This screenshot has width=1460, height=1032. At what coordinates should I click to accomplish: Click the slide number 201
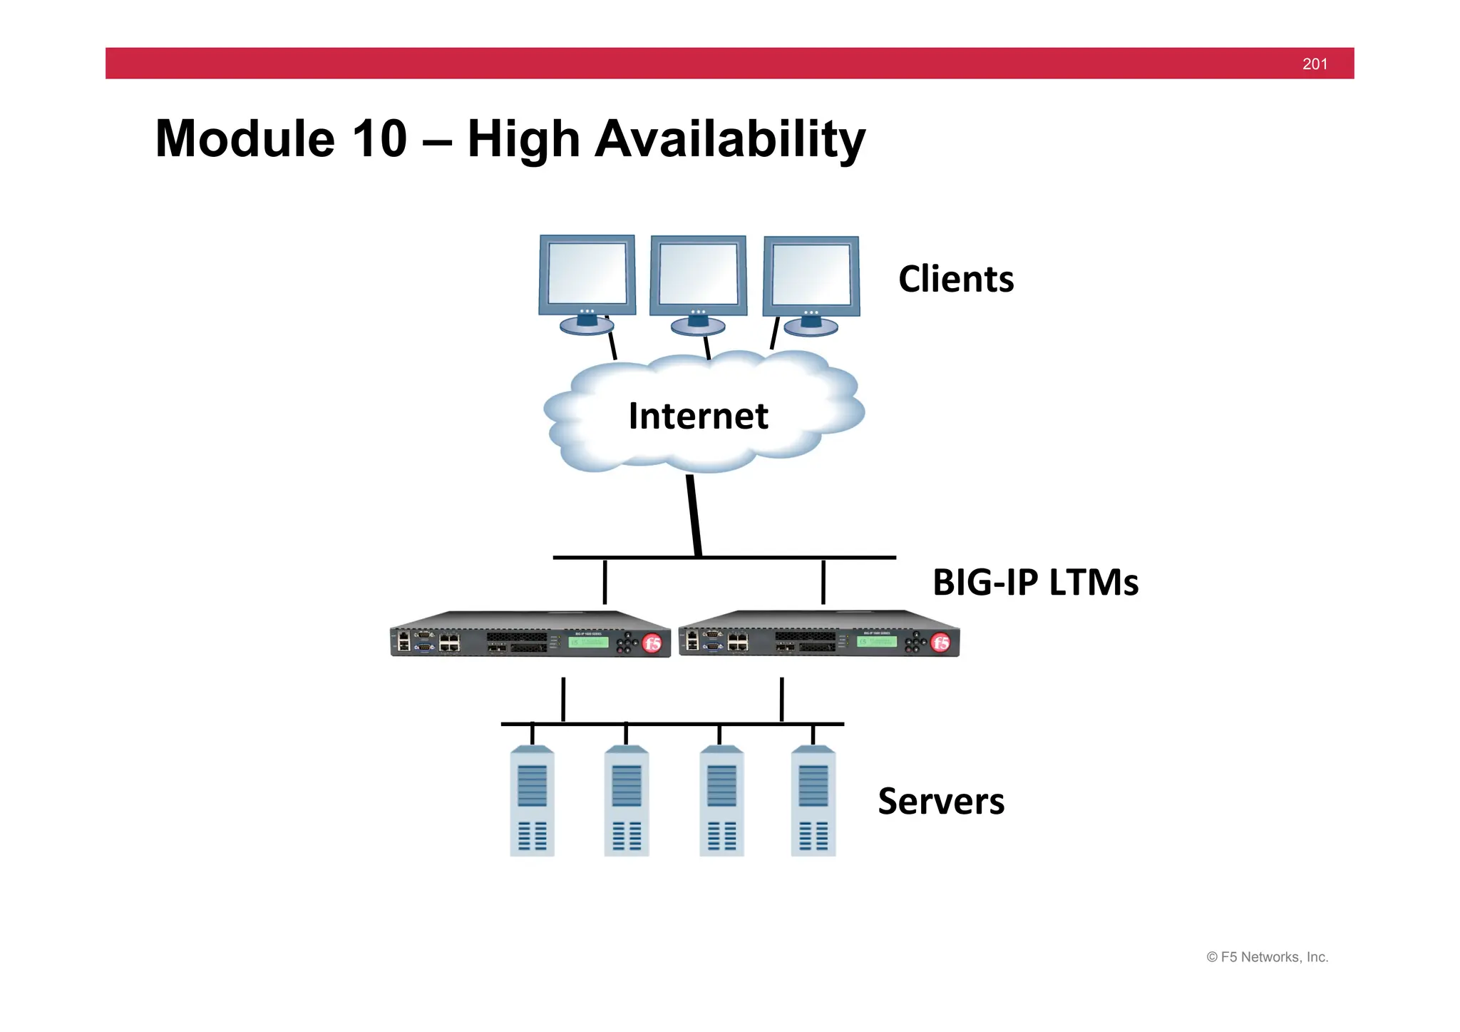tap(1315, 64)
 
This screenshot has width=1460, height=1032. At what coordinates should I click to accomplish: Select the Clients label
tap(955, 279)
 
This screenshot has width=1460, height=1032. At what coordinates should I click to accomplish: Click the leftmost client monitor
tap(587, 277)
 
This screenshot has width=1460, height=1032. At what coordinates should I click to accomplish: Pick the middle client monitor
tap(698, 277)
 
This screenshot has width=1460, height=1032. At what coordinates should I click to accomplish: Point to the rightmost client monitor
tap(811, 278)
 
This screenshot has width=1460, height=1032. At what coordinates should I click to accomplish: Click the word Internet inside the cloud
tap(698, 416)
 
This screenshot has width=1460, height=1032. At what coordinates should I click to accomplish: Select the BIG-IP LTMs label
tap(1035, 582)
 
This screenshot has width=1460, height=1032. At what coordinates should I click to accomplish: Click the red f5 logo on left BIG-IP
tap(652, 643)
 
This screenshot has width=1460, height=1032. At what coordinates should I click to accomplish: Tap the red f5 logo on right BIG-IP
tap(940, 643)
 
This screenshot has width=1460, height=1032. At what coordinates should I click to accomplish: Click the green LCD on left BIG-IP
tap(588, 643)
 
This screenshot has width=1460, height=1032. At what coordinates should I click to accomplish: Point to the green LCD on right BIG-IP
tap(877, 642)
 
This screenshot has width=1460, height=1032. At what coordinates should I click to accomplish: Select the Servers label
tap(940, 801)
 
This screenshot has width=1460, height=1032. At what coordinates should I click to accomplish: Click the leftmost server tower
tap(532, 801)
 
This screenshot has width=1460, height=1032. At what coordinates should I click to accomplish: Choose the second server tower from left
tap(626, 801)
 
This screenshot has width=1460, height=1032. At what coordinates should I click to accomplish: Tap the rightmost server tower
tap(813, 801)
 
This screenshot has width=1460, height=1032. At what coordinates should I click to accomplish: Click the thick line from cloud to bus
tap(694, 515)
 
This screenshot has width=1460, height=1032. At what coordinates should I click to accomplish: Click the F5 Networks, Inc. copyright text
tap(1267, 957)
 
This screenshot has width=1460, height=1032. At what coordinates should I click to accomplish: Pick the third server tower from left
tap(721, 801)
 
